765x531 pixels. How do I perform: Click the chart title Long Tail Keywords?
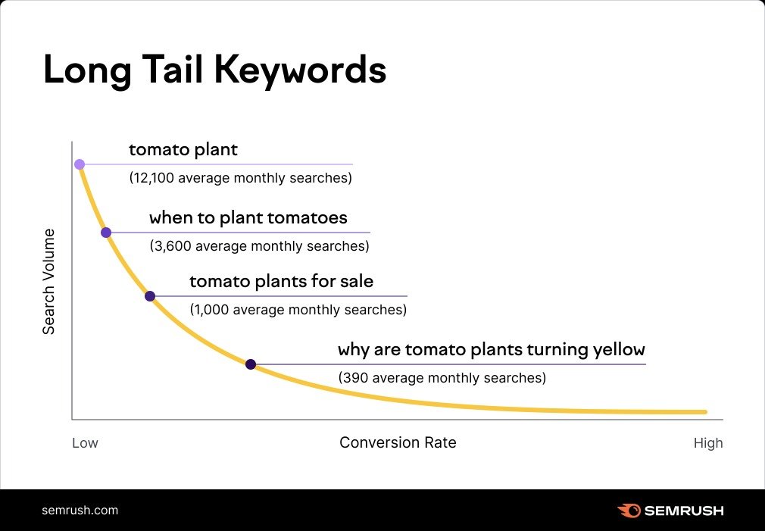pyautogui.click(x=214, y=70)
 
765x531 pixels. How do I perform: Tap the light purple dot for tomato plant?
pyautogui.click(x=79, y=164)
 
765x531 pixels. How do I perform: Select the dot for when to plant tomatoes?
pyautogui.click(x=106, y=233)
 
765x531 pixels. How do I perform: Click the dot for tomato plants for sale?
pyautogui.click(x=149, y=296)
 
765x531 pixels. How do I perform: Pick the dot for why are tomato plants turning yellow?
pyautogui.click(x=251, y=364)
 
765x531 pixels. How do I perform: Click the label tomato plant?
pyautogui.click(x=183, y=150)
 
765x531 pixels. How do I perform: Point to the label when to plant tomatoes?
pyautogui.click(x=248, y=218)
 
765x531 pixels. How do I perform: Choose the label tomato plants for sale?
pyautogui.click(x=281, y=282)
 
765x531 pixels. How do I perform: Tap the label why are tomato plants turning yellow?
pyautogui.click(x=491, y=350)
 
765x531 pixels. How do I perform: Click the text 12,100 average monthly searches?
pyautogui.click(x=240, y=179)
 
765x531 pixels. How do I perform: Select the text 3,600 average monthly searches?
pyautogui.click(x=259, y=246)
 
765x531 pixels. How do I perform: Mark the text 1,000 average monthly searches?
pyautogui.click(x=298, y=310)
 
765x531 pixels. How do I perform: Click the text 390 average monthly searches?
pyautogui.click(x=442, y=377)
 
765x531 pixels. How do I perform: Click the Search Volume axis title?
pyautogui.click(x=48, y=281)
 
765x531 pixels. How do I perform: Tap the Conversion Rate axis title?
pyautogui.click(x=398, y=442)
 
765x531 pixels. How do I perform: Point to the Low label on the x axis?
pyautogui.click(x=85, y=443)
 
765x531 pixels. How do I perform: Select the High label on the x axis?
pyautogui.click(x=708, y=443)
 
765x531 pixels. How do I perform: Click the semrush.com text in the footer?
pyautogui.click(x=80, y=510)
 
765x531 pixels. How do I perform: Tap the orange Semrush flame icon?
pyautogui.click(x=629, y=511)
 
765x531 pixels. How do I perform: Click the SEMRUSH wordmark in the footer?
pyautogui.click(x=683, y=511)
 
